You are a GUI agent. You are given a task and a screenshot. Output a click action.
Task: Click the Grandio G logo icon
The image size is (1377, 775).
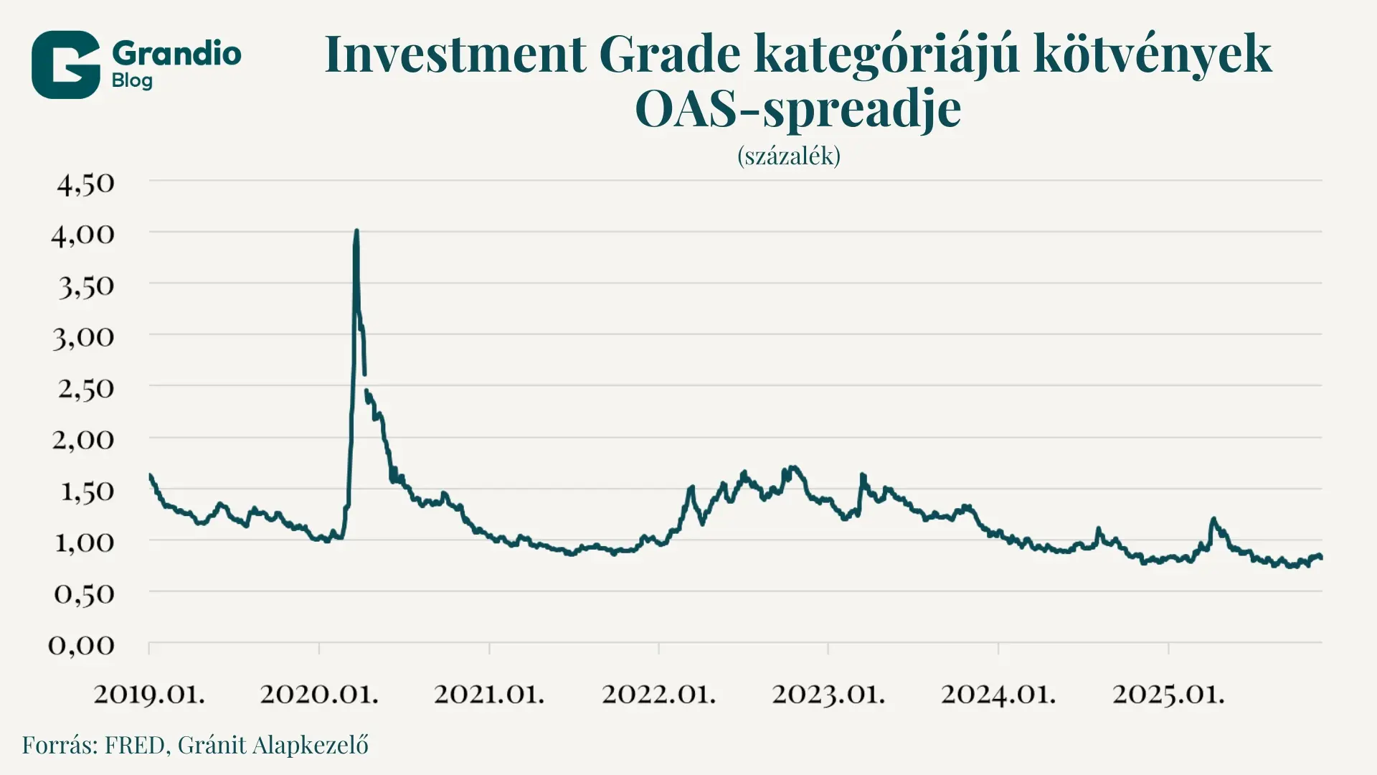tap(65, 65)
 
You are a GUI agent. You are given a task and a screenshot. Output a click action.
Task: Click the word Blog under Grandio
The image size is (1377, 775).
tap(132, 81)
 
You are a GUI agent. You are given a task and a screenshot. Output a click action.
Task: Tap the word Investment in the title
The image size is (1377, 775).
tap(455, 54)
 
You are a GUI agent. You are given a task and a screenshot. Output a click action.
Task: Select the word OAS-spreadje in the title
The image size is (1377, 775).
tap(798, 109)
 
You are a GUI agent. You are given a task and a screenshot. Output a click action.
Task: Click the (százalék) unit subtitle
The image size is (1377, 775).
tap(788, 156)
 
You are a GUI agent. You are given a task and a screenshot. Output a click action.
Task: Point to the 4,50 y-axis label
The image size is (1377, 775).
tap(85, 184)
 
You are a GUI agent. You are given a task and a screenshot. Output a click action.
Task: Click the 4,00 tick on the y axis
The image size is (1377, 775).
tap(83, 235)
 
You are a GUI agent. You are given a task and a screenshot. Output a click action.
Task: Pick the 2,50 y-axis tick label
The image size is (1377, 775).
tap(85, 389)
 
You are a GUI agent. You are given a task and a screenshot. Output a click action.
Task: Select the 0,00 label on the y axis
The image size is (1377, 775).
tap(81, 645)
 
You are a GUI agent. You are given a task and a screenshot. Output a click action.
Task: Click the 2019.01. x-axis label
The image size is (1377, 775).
tap(149, 694)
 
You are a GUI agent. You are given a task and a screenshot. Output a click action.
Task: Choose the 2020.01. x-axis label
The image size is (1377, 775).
tap(318, 694)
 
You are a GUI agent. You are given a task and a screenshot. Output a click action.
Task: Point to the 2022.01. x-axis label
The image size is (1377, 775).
tap(658, 694)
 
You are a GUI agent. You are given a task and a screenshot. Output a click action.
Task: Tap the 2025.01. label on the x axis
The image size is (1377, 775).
tap(1168, 694)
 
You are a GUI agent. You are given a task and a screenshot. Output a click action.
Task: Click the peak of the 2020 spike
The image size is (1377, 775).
tap(356, 231)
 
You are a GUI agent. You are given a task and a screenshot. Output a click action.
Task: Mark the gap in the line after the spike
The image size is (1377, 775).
tap(366, 382)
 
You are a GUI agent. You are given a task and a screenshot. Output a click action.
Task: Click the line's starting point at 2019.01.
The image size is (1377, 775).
tap(150, 475)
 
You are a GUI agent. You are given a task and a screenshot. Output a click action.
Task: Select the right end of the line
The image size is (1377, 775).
tap(1321, 558)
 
